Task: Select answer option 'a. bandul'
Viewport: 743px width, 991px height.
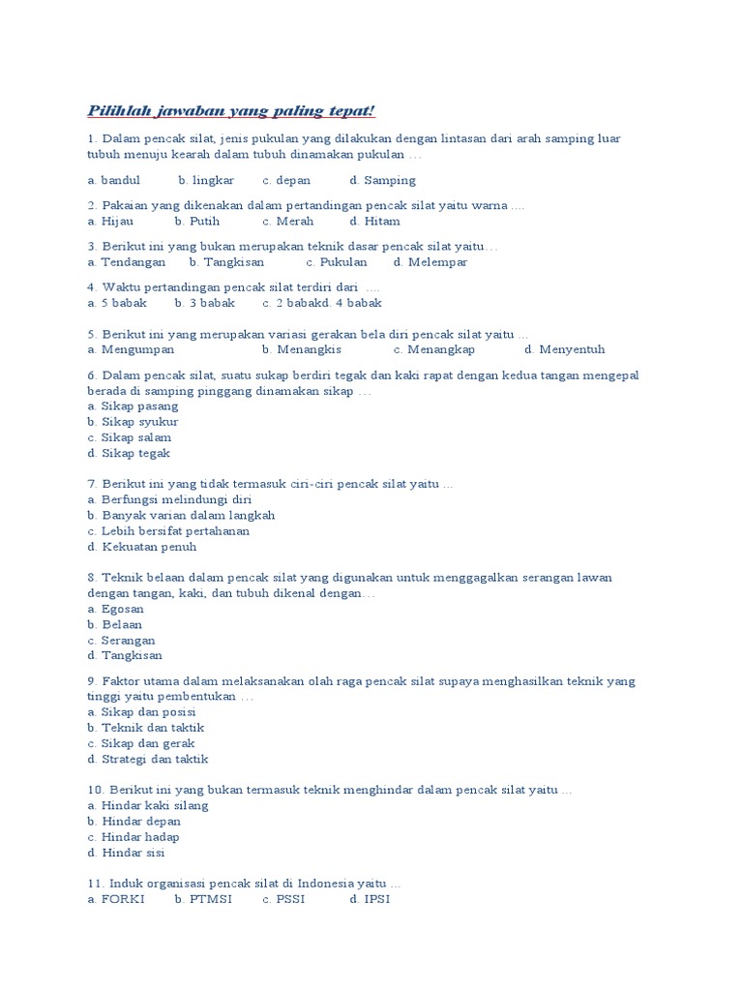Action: (x=114, y=180)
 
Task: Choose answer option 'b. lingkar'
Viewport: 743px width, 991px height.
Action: (x=206, y=180)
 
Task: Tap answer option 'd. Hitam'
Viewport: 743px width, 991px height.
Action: (x=374, y=221)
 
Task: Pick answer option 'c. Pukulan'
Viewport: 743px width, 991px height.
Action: (x=337, y=261)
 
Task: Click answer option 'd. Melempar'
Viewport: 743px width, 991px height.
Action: (x=431, y=261)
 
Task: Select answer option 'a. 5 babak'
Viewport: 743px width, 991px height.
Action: (x=117, y=302)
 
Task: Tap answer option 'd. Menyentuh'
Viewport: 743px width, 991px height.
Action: (x=565, y=349)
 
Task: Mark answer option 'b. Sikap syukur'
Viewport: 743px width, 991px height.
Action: (x=133, y=422)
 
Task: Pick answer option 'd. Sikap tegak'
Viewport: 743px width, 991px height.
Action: (x=129, y=453)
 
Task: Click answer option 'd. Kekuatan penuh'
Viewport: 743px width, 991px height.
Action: (x=141, y=547)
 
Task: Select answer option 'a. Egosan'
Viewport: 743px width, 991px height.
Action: (x=115, y=609)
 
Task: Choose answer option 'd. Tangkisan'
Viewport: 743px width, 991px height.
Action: (x=125, y=655)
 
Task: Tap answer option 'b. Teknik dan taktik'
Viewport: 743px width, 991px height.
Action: (x=145, y=728)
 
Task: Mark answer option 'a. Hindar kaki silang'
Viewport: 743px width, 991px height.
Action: (x=148, y=805)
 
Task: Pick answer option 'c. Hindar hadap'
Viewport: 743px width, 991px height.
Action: (x=134, y=837)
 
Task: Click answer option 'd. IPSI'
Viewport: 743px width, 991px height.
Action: (x=370, y=899)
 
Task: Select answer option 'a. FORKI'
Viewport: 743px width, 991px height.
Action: (x=116, y=899)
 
